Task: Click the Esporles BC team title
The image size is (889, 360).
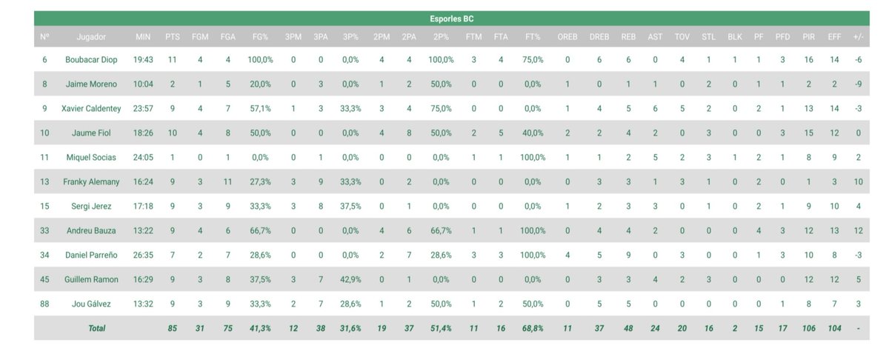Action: tap(452, 19)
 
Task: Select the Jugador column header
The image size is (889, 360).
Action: tap(91, 37)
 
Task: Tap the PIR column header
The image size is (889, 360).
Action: tap(808, 37)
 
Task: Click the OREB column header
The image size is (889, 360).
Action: tap(567, 37)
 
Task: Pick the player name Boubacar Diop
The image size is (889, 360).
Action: tap(91, 59)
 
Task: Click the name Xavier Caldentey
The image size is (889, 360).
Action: tap(91, 108)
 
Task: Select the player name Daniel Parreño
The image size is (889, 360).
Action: tap(91, 255)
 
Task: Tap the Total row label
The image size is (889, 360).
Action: tap(97, 328)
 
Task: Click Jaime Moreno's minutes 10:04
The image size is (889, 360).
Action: tap(143, 84)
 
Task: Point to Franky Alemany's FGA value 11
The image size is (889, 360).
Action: tap(227, 181)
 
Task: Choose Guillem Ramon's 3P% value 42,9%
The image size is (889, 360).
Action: tap(350, 279)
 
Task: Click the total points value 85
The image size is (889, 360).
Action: tap(172, 328)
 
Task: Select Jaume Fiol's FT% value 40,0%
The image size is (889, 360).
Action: tap(533, 133)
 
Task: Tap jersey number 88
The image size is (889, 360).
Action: tap(44, 304)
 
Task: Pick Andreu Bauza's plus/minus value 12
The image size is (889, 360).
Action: tap(859, 230)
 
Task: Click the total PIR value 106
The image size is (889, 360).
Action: tap(808, 328)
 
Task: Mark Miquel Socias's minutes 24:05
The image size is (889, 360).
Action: tap(143, 157)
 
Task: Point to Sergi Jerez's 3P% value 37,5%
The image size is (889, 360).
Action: tap(350, 206)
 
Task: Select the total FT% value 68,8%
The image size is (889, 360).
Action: tap(533, 328)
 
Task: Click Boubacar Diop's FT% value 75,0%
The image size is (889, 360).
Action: tap(533, 59)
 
